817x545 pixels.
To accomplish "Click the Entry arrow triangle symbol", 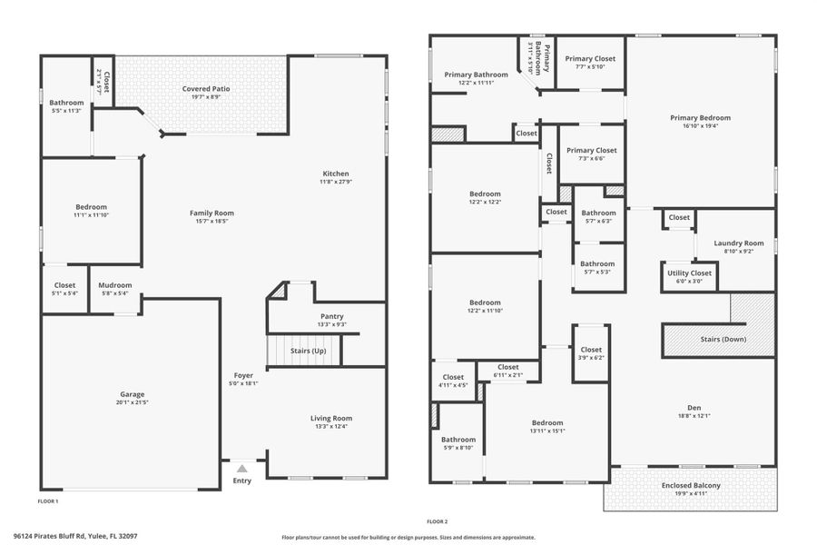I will (x=241, y=469).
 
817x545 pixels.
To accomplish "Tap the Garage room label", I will (x=133, y=394).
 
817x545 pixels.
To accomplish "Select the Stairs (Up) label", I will (x=308, y=351).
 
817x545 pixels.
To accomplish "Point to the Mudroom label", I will (x=115, y=285).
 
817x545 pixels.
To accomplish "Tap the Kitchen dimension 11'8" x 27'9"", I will (x=335, y=183).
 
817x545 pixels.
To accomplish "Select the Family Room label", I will (x=212, y=213).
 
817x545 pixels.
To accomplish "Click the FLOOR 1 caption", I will (x=48, y=501).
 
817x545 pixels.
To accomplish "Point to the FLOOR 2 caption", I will (x=438, y=521).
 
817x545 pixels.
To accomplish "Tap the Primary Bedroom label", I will (x=700, y=117).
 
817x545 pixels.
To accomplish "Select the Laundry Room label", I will (x=739, y=243).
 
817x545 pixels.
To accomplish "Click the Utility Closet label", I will (x=689, y=272).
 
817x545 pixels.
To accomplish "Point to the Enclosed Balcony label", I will (x=691, y=486).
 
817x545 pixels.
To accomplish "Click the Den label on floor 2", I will (x=694, y=408).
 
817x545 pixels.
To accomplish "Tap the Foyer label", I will (x=243, y=374).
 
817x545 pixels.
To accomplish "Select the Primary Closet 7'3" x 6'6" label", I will (x=592, y=150).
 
